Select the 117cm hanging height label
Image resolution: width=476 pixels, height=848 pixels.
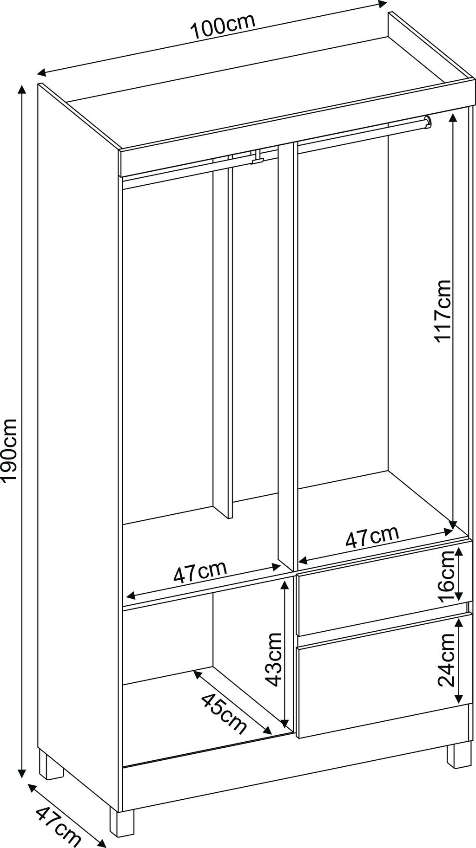[443, 311]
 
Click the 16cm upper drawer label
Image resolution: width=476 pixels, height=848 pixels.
[447, 577]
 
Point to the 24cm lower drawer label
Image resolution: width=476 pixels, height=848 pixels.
[447, 660]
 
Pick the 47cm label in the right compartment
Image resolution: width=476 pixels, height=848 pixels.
[372, 537]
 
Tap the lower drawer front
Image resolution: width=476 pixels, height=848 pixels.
[384, 676]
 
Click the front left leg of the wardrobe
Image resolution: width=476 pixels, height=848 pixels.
[122, 822]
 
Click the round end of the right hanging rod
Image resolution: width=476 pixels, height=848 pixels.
[427, 122]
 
